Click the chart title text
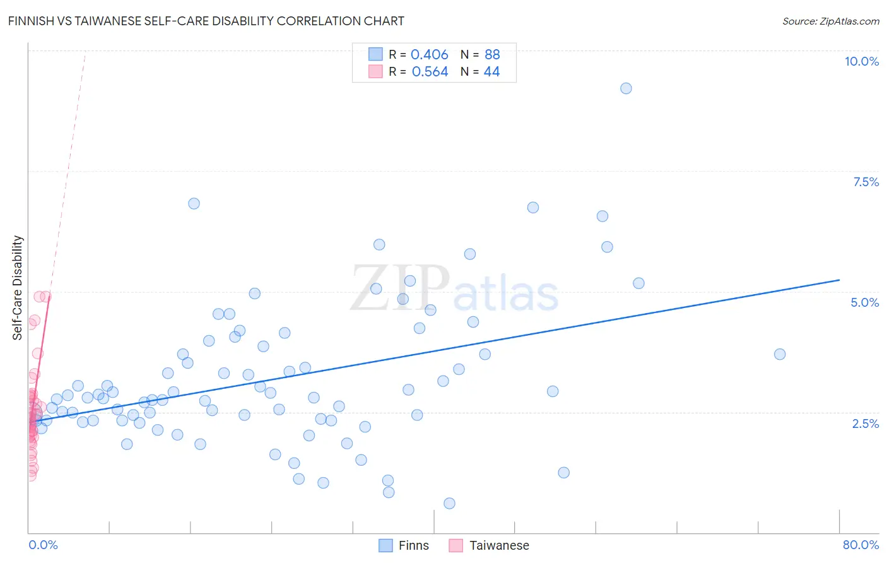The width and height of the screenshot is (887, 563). pos(206,21)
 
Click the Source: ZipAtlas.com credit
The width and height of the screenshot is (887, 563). pos(830,21)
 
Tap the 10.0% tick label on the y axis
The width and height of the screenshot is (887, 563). pos(861,61)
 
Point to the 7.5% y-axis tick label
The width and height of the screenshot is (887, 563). pos(866,182)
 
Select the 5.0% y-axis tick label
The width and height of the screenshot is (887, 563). pos(864,302)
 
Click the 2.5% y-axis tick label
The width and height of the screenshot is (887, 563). pos(865,424)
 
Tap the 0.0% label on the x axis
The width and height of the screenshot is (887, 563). pos(43,545)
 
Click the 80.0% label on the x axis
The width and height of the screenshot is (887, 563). pos(861,545)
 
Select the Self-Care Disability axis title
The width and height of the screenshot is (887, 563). pos(18,288)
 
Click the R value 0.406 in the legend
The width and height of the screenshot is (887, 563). pos(429,55)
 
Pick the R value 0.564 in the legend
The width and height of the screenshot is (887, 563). pos(430,72)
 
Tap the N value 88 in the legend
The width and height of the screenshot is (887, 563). pos(492,55)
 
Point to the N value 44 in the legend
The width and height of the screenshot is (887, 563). pos(491,72)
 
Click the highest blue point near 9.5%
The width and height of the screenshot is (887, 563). pos(626,88)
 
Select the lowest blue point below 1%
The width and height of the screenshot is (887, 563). pos(449,503)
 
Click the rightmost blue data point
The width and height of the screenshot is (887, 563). pos(780,354)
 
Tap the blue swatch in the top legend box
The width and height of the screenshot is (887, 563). pos(375,54)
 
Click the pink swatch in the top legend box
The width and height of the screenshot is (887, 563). pos(375,71)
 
